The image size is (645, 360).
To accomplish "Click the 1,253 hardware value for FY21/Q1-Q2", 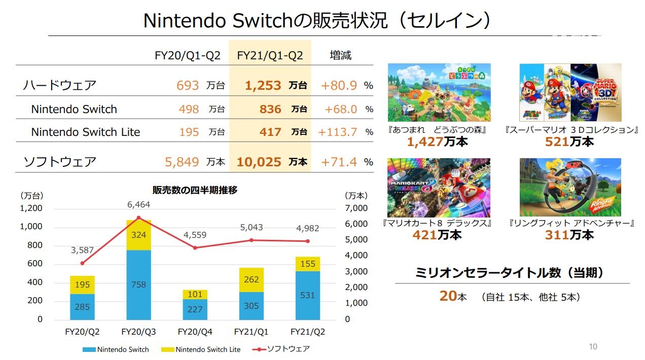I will click(263, 86).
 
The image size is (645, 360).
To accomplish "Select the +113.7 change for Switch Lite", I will click(338, 132).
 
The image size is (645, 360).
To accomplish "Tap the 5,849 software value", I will click(182, 162).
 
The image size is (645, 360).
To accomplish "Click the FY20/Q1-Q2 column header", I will click(188, 55).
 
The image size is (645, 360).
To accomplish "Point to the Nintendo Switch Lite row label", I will click(85, 132).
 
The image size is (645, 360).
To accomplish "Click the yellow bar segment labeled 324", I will click(139, 235).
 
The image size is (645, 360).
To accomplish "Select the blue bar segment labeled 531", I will click(308, 295).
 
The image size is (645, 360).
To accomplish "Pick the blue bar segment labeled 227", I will click(195, 309).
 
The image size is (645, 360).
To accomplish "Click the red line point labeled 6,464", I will click(139, 218).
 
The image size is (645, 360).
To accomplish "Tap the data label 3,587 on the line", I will click(82, 249).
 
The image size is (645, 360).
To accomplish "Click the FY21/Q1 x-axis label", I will click(252, 332).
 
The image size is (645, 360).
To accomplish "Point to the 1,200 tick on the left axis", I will click(31, 208).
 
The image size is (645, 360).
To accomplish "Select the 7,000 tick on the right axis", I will click(356, 208).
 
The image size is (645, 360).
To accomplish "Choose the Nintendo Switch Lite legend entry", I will click(202, 349).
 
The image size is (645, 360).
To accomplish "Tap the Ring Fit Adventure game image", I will click(570, 187).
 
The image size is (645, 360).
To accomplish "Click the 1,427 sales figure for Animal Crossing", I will click(425, 142).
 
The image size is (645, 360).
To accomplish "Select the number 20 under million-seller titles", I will click(448, 296).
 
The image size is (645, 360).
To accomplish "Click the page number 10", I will click(593, 347).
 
